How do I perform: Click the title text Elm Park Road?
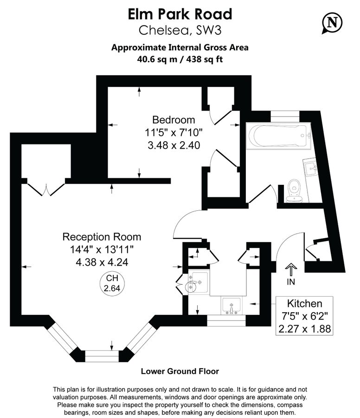[x=180, y=14]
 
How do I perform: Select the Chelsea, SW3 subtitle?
[x=180, y=31]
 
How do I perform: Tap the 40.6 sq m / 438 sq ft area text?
[x=180, y=59]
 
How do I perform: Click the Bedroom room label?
[x=174, y=119]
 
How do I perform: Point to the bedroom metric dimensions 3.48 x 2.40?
[x=174, y=145]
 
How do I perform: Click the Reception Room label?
[x=102, y=237]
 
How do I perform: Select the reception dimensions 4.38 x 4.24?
[x=102, y=262]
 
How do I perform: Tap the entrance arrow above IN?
[x=291, y=269]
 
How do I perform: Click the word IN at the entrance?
[x=291, y=281]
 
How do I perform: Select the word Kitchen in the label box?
[x=304, y=304]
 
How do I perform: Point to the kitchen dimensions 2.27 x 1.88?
[x=304, y=329]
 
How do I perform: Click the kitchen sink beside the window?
[x=231, y=307]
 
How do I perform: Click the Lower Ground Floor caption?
[x=180, y=371]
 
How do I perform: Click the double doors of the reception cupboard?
[x=46, y=188]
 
